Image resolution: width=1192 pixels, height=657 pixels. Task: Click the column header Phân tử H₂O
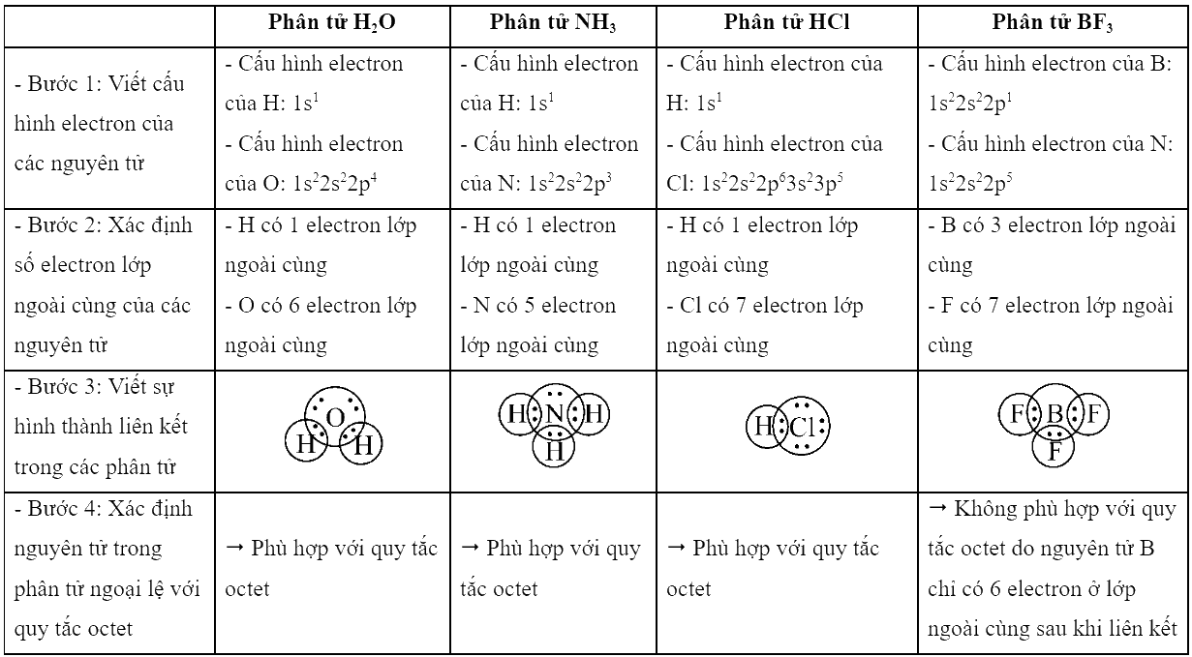(332, 22)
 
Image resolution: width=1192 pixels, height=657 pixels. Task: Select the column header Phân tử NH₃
(553, 22)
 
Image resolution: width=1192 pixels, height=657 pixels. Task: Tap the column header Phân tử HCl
(786, 22)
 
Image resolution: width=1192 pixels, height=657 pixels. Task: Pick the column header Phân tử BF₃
(1052, 22)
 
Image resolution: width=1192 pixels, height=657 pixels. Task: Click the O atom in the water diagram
(335, 418)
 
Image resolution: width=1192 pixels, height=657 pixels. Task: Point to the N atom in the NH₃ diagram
(555, 413)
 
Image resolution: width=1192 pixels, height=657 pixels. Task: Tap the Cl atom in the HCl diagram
(803, 427)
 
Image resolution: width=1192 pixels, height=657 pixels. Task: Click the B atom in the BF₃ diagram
(1054, 413)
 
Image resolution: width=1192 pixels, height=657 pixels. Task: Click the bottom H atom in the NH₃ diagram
(554, 451)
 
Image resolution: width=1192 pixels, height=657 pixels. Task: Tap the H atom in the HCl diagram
(764, 427)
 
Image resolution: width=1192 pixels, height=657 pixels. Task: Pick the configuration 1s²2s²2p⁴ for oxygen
(335, 184)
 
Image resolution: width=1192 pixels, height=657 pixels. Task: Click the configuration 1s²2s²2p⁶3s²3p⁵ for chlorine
(772, 184)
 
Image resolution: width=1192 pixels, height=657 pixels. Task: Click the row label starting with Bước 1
(99, 123)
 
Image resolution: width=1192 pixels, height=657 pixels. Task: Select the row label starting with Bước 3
(101, 427)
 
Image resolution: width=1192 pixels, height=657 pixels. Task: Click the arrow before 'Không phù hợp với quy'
(937, 509)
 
